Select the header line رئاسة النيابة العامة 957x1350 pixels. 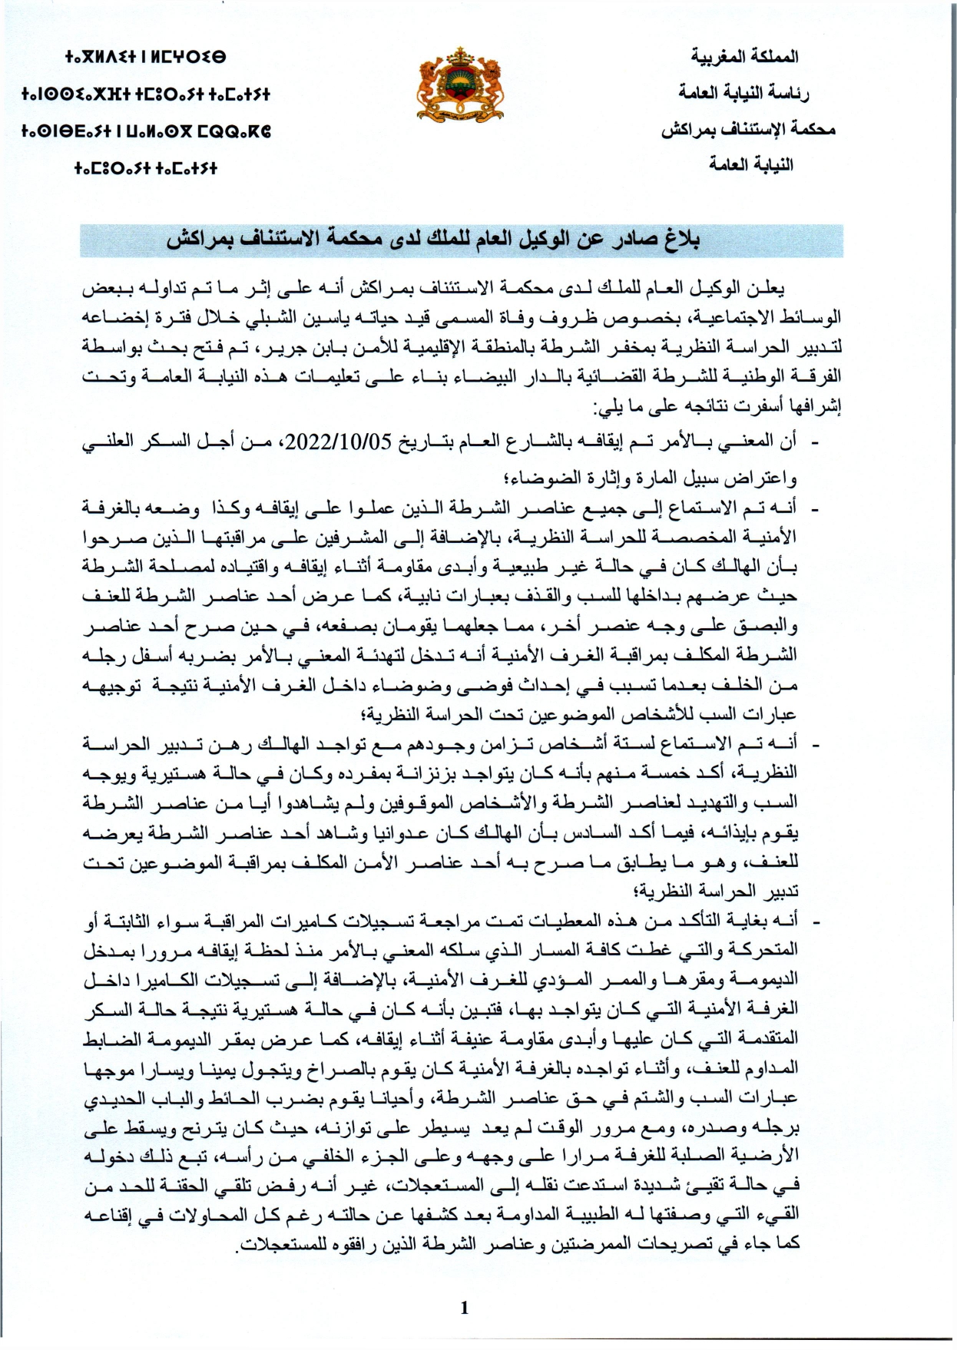(x=743, y=93)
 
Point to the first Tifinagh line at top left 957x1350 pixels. (x=145, y=58)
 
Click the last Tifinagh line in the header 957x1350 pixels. (x=145, y=167)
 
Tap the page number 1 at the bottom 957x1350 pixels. (x=464, y=1308)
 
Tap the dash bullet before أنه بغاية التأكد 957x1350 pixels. (x=815, y=921)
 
